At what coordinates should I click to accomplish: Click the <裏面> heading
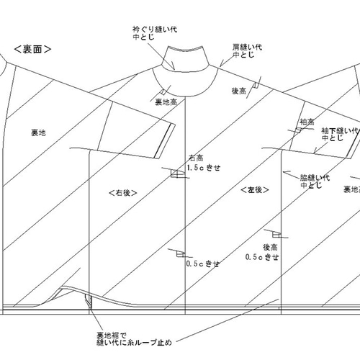coord(32,49)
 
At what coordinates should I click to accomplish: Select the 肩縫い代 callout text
coord(247,47)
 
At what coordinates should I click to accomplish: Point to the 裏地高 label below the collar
coord(166,102)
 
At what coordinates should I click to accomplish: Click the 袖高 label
coord(307,122)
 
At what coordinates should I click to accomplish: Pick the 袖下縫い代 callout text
coord(340,131)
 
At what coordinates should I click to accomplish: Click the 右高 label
coord(197,158)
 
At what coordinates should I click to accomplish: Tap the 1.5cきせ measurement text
coord(204,168)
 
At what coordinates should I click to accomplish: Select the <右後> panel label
coord(123,193)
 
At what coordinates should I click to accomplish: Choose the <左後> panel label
coord(255,190)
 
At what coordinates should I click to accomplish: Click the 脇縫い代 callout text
coord(315,178)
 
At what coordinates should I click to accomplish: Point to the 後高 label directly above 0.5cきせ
coord(271,247)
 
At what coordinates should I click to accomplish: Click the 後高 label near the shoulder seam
coord(239,91)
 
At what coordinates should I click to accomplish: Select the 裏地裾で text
coord(112,335)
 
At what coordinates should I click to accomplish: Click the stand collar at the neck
coord(185,59)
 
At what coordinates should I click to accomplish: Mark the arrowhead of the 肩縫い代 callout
coord(221,66)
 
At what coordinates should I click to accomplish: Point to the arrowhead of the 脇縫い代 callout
coord(284,172)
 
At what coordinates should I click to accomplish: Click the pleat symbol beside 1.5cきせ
coord(177,174)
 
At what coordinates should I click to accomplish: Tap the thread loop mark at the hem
coord(89,302)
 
